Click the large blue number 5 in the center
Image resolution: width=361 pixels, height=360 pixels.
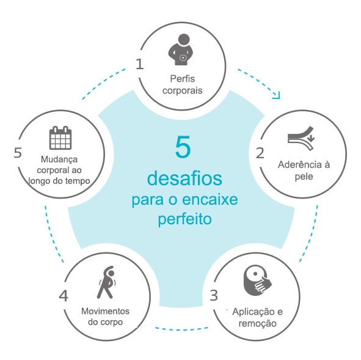click(183, 147)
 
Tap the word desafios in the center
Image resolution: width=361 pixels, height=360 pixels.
click(184, 178)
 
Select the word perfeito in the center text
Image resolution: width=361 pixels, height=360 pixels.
click(185, 219)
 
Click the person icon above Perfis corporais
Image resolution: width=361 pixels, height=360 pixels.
click(181, 50)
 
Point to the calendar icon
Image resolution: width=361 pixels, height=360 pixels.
click(60, 138)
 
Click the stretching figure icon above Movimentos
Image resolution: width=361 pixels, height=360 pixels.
click(107, 282)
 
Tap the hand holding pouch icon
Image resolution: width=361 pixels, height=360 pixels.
click(257, 281)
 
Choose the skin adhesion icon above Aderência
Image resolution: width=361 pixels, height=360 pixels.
click(301, 138)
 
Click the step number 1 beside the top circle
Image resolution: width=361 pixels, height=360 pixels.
click(140, 64)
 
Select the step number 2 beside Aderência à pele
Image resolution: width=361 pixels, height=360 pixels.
click(260, 153)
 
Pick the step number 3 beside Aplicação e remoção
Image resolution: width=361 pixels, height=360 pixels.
click(214, 295)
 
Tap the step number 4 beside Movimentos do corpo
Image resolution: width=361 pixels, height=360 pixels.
click(64, 296)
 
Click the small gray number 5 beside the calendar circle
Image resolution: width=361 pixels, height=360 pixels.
click(18, 152)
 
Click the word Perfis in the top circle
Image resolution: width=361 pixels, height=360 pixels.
click(183, 79)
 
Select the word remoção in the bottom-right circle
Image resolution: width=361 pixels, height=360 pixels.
click(257, 323)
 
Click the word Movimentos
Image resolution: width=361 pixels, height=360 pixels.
click(106, 311)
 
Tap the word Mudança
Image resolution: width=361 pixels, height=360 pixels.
click(59, 160)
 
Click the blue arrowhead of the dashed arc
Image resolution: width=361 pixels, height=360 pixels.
click(277, 96)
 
